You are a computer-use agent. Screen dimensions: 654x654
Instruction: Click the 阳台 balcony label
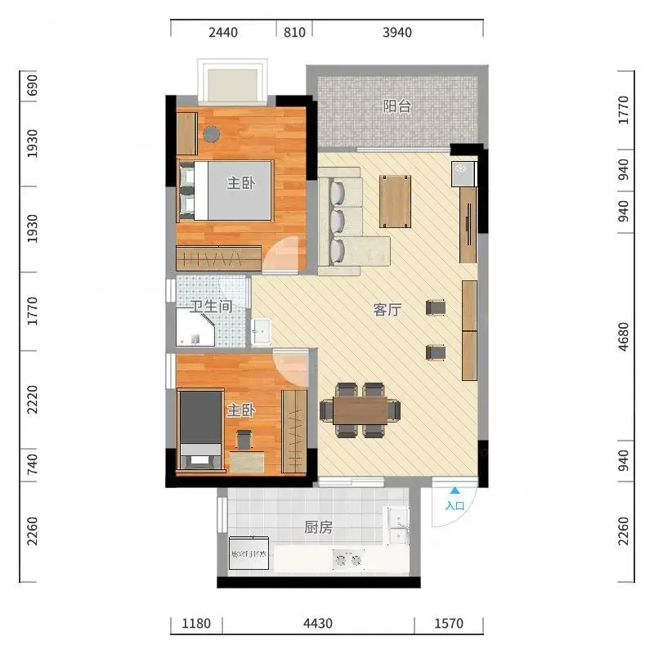pos(397,106)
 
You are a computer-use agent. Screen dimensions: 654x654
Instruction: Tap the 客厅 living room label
pos(387,310)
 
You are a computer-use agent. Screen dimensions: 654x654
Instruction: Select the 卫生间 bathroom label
pos(211,307)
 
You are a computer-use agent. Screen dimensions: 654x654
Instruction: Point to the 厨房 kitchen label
pos(318,527)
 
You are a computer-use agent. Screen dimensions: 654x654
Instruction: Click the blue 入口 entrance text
pos(455,506)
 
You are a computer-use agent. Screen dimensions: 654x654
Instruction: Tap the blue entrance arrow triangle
pos(455,491)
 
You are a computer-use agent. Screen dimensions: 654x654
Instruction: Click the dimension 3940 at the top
pos(397,33)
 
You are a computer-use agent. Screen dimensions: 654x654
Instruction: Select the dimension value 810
pos(294,33)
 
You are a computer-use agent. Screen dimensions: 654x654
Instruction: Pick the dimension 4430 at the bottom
pos(318,624)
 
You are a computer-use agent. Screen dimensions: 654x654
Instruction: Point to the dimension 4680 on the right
pos(623,337)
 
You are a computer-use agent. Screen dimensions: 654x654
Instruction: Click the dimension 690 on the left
pos(32,86)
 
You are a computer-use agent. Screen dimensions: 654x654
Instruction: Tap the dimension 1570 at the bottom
pos(449,624)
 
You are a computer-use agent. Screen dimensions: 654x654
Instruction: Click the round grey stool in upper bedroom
pos(212,134)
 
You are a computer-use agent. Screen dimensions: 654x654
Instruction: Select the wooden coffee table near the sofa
pos(395,201)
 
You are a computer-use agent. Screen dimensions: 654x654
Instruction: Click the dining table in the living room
pos(361,410)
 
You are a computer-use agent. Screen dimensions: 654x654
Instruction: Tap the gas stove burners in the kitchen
pos(348,559)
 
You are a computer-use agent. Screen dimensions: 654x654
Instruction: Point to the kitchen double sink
pos(398,526)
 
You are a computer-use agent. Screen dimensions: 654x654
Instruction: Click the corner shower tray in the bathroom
pos(195,328)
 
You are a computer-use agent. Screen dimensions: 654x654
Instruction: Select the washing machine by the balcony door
pos(464,174)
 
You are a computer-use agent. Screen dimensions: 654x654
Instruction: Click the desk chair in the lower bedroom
pos(244,440)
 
